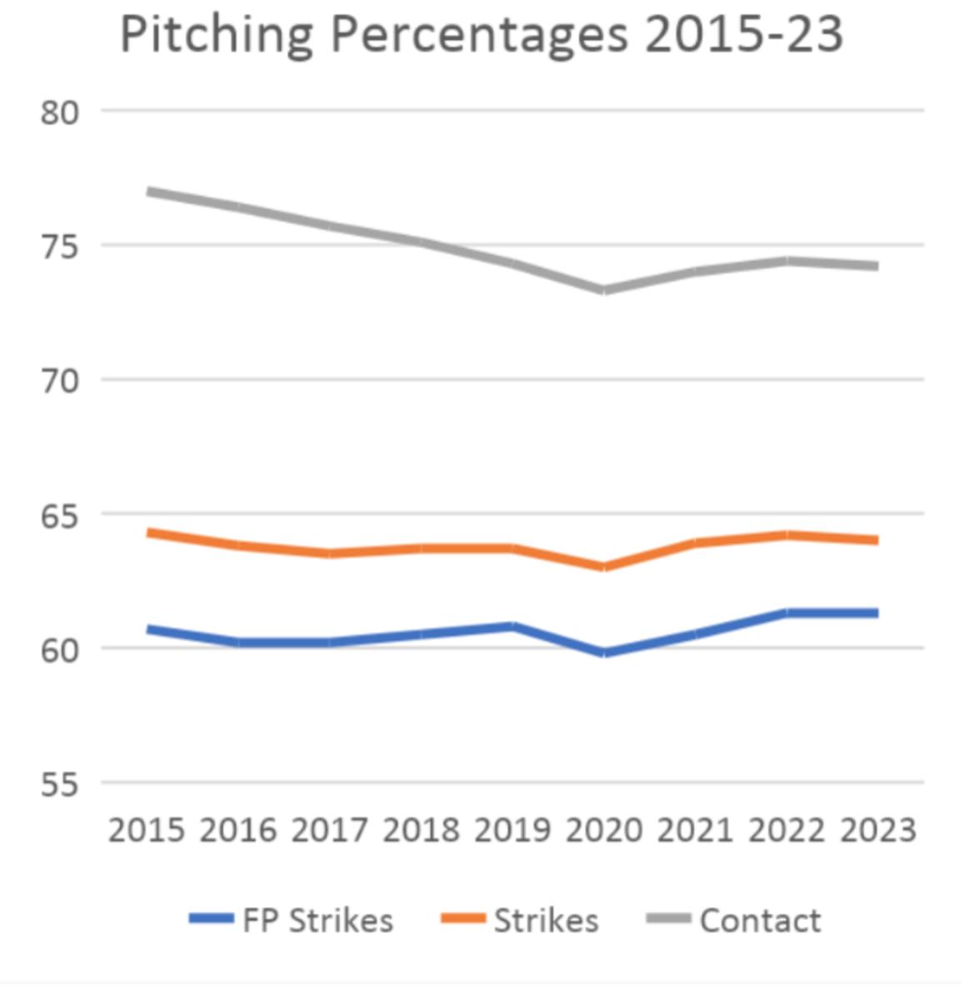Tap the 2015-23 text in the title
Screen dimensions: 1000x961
tap(743, 35)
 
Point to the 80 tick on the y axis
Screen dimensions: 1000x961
tap(59, 112)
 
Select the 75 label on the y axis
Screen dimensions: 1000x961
tap(59, 247)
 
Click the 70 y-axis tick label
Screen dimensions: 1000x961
tap(59, 382)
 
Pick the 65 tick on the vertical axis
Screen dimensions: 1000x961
tap(59, 516)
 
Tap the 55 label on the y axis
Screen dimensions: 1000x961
tap(59, 785)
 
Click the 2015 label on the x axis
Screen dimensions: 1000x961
tap(147, 831)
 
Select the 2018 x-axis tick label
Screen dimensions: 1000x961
tap(421, 831)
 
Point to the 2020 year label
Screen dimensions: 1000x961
tap(603, 831)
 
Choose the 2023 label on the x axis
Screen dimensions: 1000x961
tap(878, 831)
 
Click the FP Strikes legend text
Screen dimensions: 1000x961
tap(318, 921)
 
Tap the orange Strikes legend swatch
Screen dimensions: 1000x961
tap(463, 919)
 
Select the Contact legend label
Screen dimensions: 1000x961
tap(760, 921)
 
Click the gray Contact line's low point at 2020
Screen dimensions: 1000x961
tap(603, 290)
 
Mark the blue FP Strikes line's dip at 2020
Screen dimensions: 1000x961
tap(603, 652)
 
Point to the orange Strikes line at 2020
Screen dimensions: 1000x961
tap(603, 567)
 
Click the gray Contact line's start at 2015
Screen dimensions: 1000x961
tap(149, 192)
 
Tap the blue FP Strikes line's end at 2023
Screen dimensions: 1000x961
tap(875, 613)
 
